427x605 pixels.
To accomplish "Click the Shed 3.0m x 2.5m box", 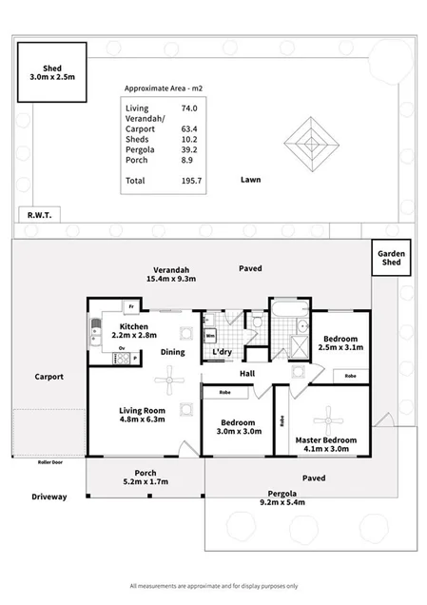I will coord(51,72).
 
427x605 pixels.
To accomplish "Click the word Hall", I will coord(246,374).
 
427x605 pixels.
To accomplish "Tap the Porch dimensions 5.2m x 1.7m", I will coord(146,481).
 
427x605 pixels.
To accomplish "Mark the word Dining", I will coord(173,352).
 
